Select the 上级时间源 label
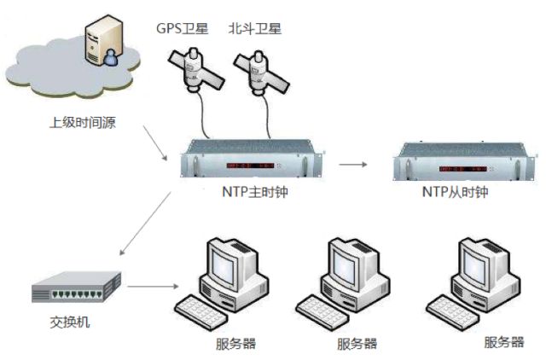point(81,122)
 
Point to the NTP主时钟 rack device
point(255,161)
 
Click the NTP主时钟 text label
point(255,192)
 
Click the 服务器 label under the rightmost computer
point(502,342)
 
